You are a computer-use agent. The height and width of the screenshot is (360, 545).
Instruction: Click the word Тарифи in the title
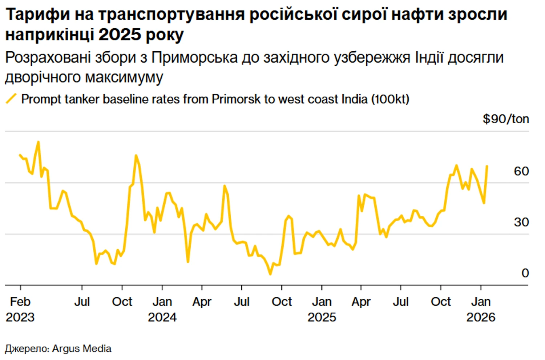tap(38, 15)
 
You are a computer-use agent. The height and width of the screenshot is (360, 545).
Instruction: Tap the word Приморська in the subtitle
tap(194, 58)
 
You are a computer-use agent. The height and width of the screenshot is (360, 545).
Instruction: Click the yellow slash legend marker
tap(11, 99)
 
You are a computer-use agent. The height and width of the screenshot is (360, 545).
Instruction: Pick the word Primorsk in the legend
tap(236, 99)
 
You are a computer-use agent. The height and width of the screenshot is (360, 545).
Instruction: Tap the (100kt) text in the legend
tap(390, 99)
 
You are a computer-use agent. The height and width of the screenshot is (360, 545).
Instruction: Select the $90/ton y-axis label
tap(505, 119)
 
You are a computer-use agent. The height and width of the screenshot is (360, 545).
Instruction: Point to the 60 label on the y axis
tap(521, 171)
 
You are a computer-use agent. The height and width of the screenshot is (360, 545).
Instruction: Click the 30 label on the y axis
tap(521, 222)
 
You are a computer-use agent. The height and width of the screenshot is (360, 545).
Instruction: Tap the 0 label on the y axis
tap(525, 273)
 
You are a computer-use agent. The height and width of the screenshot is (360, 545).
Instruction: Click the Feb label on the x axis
tap(20, 301)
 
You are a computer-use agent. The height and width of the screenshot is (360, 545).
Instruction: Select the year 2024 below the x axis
tap(162, 317)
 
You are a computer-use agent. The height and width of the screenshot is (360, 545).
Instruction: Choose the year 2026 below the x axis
tap(481, 317)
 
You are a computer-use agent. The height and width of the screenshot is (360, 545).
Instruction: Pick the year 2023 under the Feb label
tap(20, 317)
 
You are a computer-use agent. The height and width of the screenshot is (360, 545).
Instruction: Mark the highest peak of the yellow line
tap(38, 142)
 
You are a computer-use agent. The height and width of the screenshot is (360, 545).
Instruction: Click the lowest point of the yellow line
tap(270, 273)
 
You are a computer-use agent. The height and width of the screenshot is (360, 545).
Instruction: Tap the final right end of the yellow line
tap(487, 167)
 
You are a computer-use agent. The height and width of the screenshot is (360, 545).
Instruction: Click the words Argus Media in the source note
tap(82, 348)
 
